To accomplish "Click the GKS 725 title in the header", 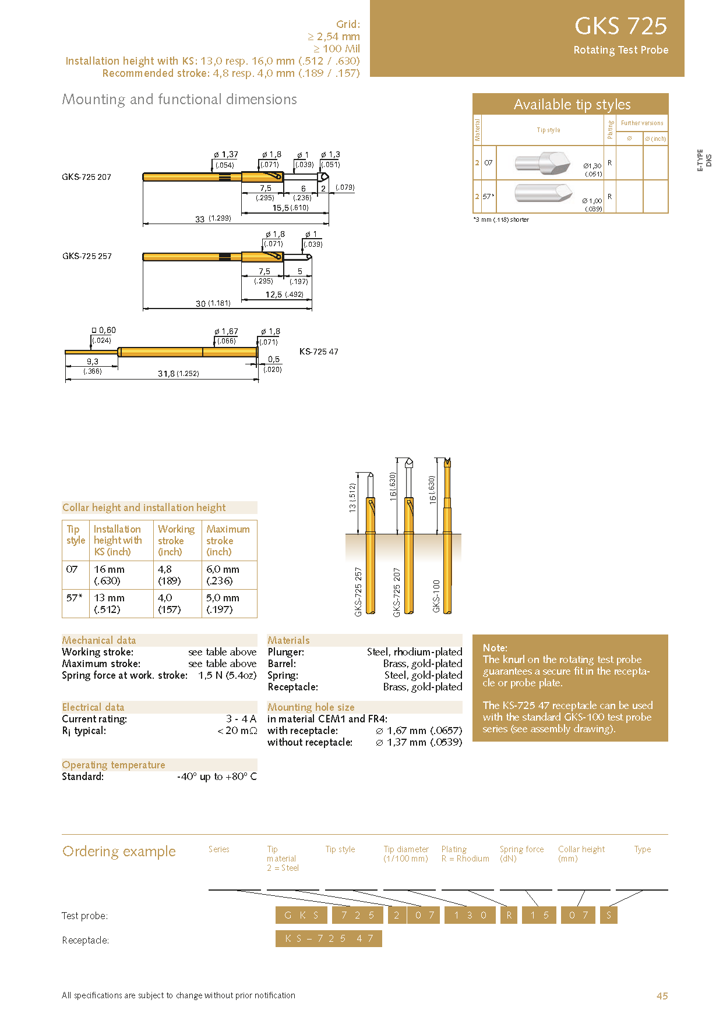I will (620, 26).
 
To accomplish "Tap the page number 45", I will (662, 996).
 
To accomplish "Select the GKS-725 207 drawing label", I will (86, 177).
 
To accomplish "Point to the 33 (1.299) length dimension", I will (213, 219).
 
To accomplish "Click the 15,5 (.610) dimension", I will (290, 208).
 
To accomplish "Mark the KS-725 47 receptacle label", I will (319, 352).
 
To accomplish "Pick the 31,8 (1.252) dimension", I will (178, 374).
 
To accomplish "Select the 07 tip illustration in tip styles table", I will (542, 162).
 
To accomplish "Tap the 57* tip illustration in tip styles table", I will (543, 192).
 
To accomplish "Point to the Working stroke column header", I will (176, 540).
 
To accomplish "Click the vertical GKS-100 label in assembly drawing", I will (436, 595).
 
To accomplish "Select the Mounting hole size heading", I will (311, 707).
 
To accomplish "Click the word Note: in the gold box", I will (495, 648).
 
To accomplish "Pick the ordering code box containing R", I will (509, 915).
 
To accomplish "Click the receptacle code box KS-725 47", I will (329, 938).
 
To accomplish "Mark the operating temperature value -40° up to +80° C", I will (217, 777).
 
